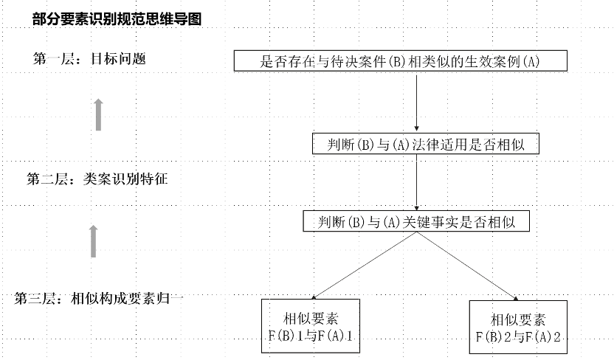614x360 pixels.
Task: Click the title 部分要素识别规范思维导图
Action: coord(117,18)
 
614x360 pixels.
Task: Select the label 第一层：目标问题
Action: coord(89,59)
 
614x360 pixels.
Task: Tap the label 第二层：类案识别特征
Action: coord(97,179)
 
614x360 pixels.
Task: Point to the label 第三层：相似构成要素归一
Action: coord(99,299)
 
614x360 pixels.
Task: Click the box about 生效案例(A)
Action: coord(401,60)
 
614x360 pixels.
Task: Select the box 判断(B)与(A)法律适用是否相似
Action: coord(426,144)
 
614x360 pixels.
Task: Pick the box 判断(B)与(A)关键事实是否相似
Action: coord(416,221)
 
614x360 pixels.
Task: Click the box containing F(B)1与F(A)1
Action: coord(311,326)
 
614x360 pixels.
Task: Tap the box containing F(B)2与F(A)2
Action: coord(518,327)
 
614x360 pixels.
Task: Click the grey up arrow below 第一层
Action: coord(99,114)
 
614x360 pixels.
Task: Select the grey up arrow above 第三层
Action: coord(93,241)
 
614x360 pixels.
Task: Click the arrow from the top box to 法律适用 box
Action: coord(417,103)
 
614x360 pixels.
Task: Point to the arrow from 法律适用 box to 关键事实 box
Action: coord(417,182)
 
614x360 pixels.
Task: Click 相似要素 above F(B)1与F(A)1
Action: coord(311,319)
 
